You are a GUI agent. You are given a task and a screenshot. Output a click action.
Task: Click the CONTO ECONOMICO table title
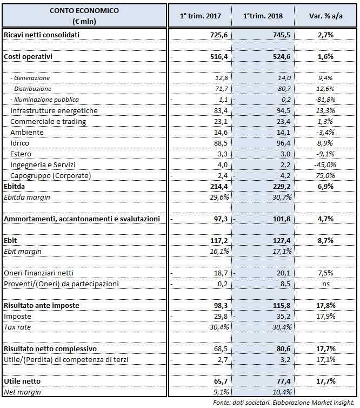[84, 11]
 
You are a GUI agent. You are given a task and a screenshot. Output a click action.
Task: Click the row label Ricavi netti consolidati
[42, 35]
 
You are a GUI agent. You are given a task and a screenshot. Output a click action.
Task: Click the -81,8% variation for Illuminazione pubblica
[325, 100]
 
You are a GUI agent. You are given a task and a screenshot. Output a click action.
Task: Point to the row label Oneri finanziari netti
[39, 273]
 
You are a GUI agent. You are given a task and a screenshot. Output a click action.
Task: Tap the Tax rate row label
[18, 327]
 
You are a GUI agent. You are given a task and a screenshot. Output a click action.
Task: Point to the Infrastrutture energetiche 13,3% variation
[325, 110]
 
